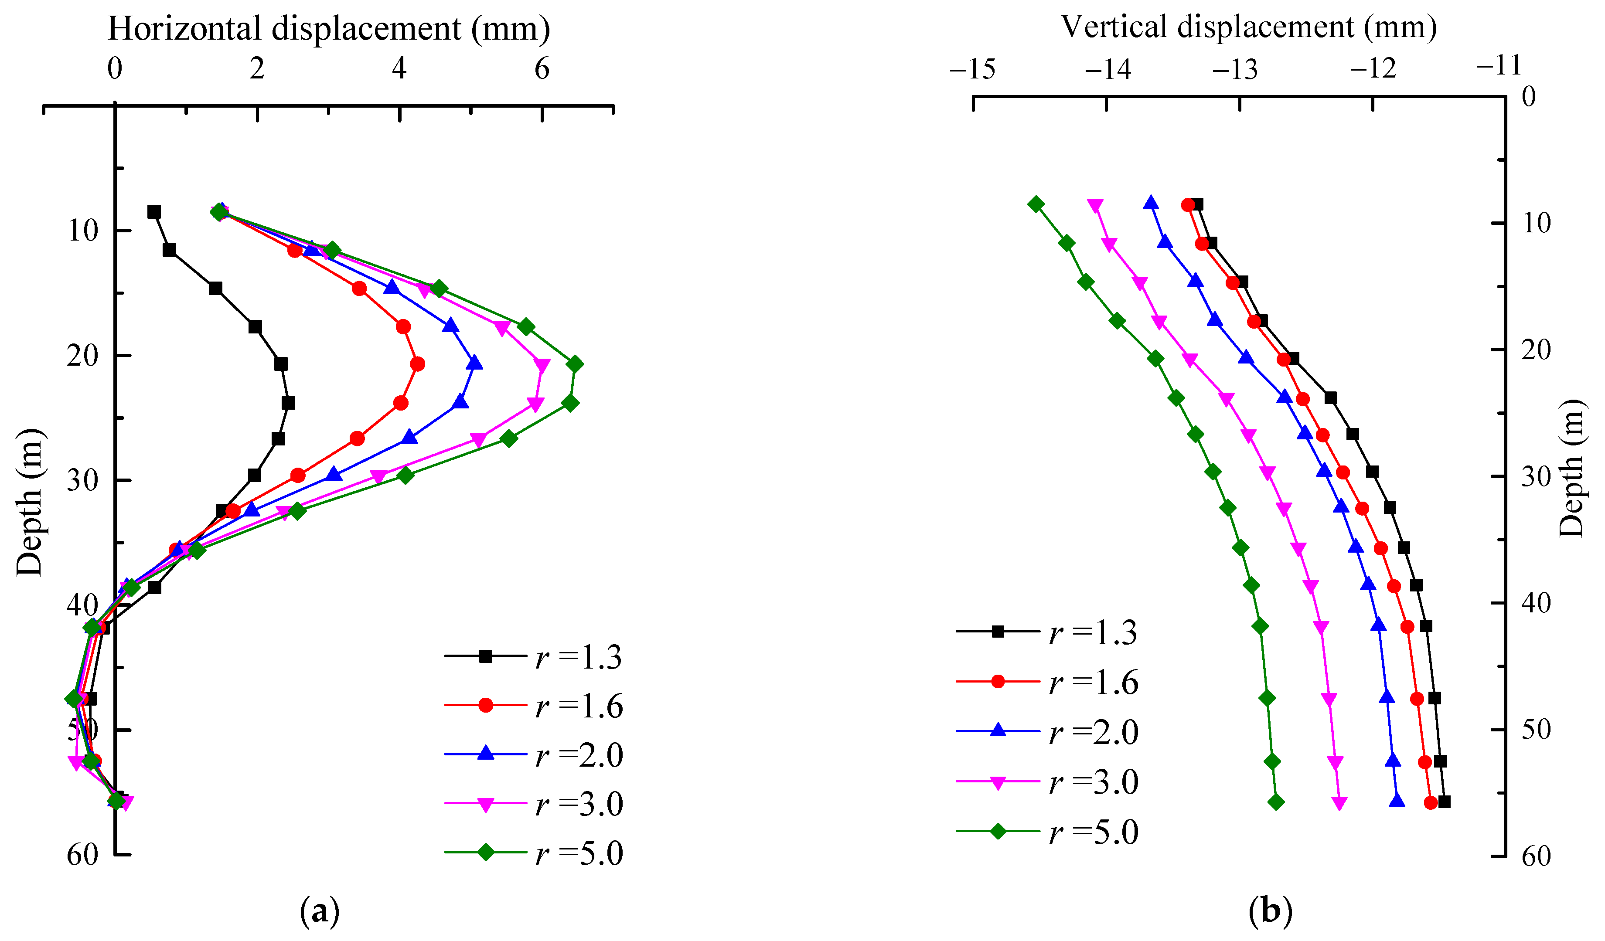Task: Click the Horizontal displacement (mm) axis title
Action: click(x=329, y=29)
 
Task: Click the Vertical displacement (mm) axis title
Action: click(x=1248, y=27)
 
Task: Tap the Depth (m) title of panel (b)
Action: click(x=1572, y=468)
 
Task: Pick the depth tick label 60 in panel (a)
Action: click(x=83, y=854)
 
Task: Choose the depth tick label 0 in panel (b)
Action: click(x=1529, y=97)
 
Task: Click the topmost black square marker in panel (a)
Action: click(x=154, y=212)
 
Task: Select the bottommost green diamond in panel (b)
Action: click(x=1276, y=802)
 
